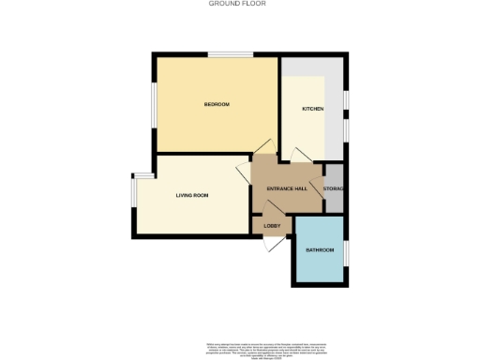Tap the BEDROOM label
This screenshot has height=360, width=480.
click(217, 104)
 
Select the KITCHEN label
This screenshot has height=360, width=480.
click(312, 110)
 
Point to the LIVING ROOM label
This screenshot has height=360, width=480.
click(192, 195)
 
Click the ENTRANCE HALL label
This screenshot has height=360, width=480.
click(287, 189)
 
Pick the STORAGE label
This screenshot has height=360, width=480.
click(334, 189)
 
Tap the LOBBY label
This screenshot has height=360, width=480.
click(273, 226)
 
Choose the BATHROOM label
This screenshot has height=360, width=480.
click(320, 249)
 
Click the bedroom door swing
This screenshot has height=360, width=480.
click(262, 147)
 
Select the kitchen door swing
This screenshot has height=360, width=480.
click(301, 155)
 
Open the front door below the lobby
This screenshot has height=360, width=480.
click(273, 243)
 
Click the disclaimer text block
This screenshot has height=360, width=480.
click(240, 351)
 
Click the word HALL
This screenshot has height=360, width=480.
click(301, 189)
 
